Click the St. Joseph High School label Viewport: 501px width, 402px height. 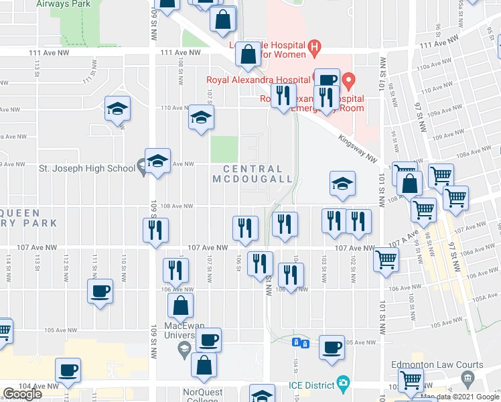click(x=87, y=168)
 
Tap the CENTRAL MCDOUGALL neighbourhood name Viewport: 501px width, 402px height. click(x=253, y=174)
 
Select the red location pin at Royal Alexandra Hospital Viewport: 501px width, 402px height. click(x=348, y=82)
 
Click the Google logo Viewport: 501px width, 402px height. click(x=22, y=394)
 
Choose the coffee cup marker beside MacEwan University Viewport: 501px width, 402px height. click(x=208, y=340)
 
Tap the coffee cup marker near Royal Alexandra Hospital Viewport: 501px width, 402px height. click(x=327, y=79)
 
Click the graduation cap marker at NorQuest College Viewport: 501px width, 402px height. click(x=262, y=395)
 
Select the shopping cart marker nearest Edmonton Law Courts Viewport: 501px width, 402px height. click(x=411, y=380)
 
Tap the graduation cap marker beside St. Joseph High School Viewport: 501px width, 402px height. click(x=157, y=161)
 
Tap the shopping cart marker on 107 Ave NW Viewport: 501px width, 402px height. click(x=386, y=259)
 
